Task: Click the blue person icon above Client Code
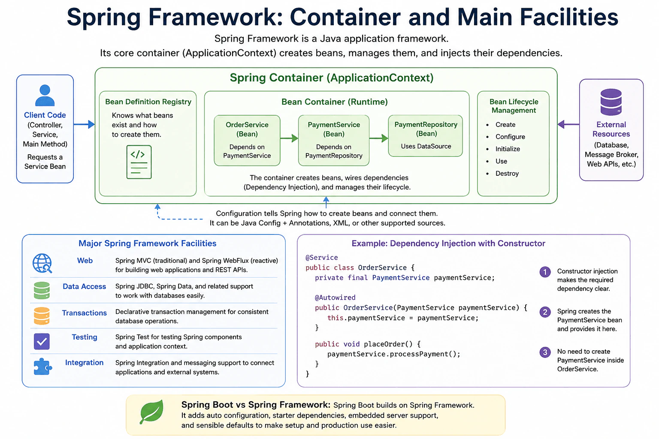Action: point(45,95)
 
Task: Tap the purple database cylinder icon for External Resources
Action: point(611,102)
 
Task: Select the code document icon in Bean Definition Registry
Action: point(139,162)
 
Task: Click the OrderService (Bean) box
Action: point(247,140)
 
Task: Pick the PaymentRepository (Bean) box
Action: point(426,135)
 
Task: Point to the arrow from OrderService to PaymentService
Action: point(289,138)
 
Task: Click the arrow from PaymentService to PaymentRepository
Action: point(379,138)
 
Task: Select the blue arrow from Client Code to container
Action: point(84,124)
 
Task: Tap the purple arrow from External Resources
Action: point(568,124)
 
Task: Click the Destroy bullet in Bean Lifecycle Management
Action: point(507,174)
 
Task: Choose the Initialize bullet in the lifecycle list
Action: point(508,149)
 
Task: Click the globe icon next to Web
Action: point(42,264)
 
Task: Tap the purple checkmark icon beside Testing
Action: point(42,341)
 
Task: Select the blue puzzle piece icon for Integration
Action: point(42,367)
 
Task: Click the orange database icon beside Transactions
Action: point(42,316)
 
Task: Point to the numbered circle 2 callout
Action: point(545,312)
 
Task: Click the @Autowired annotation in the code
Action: point(335,298)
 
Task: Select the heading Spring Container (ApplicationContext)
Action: point(332,78)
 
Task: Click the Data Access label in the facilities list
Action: point(84,286)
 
